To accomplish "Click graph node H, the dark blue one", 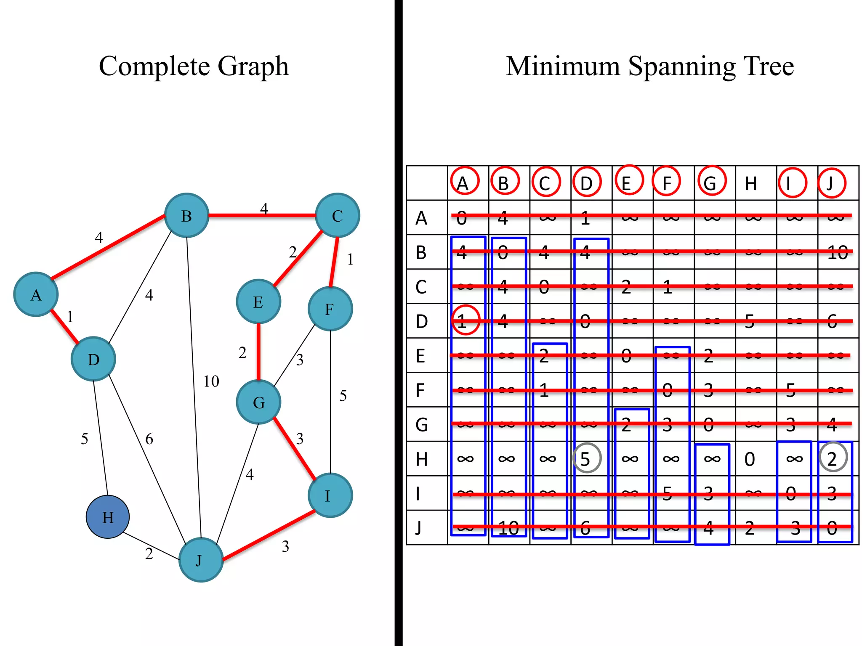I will point(108,517).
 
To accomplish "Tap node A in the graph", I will point(36,294).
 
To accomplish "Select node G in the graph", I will point(258,402).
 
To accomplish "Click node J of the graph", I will point(201,560).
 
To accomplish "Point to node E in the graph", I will point(258,302).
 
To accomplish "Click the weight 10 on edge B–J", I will point(211,381).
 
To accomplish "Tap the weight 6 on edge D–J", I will point(149,439).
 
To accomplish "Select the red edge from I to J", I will point(269,535).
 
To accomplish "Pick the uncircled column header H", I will point(751,184).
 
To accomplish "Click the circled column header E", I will point(627,182).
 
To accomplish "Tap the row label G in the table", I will point(422,425).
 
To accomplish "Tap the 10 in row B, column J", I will point(837,253).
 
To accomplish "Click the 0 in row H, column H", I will point(750,459).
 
